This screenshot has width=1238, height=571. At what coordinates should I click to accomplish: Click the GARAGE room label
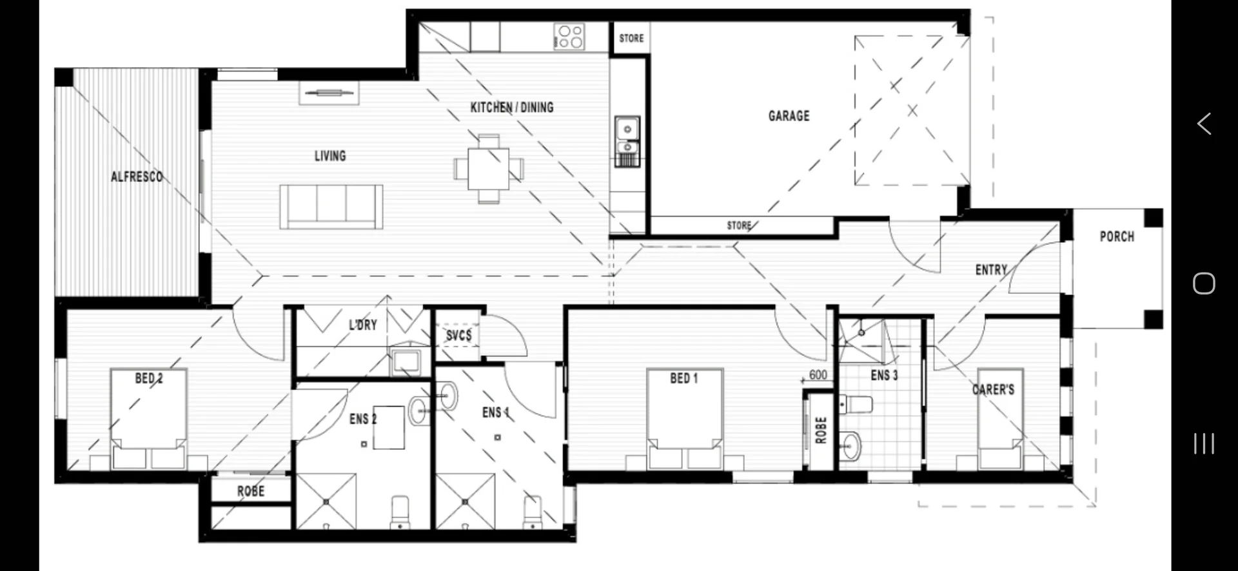(789, 116)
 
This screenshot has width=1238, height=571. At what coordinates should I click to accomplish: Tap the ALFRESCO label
(137, 177)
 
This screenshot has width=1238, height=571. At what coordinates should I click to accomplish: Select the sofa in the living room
(331, 207)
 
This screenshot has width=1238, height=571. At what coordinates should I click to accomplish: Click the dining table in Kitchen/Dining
(488, 169)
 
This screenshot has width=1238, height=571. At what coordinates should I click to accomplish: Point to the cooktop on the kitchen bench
(569, 36)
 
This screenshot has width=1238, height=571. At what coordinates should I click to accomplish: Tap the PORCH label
(1117, 237)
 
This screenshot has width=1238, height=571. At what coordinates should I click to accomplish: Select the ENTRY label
(991, 270)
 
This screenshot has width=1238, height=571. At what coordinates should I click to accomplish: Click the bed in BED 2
(148, 419)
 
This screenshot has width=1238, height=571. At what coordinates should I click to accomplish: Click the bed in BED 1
(685, 419)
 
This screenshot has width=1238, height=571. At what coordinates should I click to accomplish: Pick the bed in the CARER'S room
(999, 422)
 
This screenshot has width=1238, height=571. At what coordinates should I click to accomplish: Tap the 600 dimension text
(818, 375)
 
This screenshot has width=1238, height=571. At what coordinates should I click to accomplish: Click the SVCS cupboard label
(458, 335)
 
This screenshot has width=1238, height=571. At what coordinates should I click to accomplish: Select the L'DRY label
(362, 325)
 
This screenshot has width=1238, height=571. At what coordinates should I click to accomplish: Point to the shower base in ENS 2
(326, 501)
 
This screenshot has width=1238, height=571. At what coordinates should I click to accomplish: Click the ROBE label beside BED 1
(821, 431)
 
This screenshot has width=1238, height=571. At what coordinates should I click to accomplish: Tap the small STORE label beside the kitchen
(631, 38)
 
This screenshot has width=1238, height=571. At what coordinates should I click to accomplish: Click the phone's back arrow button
(1204, 123)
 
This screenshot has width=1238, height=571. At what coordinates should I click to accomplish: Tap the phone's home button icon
(1204, 283)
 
